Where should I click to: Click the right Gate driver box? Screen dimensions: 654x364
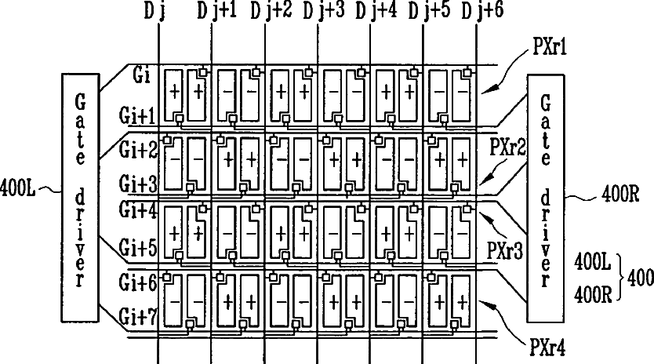[x=547, y=196]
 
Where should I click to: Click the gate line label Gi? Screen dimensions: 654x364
[x=142, y=76]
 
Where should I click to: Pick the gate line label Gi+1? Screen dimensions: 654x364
[x=140, y=115]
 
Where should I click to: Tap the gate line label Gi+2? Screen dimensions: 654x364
[x=140, y=147]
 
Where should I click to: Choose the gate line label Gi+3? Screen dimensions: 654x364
[x=140, y=183]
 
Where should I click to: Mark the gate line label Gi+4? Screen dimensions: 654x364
[x=140, y=210]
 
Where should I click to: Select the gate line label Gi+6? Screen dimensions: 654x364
[x=140, y=279]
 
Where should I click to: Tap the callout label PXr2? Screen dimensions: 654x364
[x=507, y=146]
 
